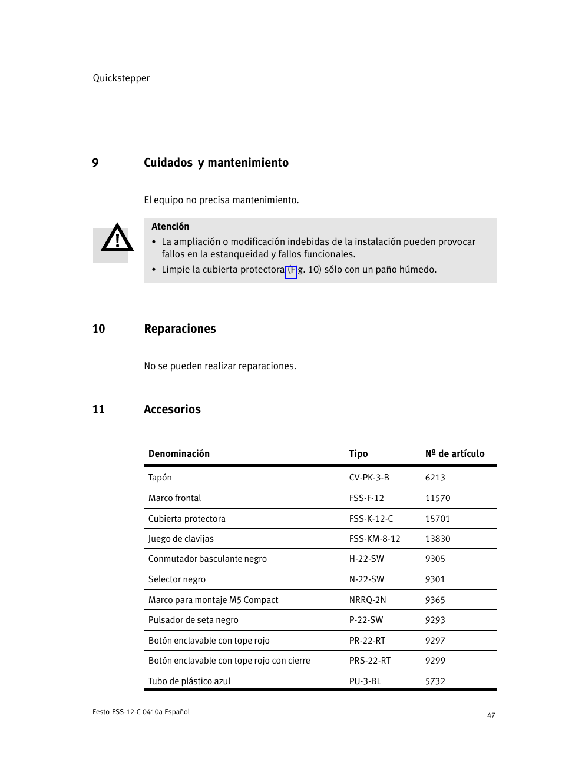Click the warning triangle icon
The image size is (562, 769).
point(117,239)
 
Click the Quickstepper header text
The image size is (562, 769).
point(121,78)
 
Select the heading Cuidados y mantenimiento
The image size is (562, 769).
point(216,163)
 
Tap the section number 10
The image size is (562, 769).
point(98,329)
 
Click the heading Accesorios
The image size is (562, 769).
point(172,410)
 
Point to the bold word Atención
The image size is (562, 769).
point(170,227)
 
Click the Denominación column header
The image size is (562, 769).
point(179,454)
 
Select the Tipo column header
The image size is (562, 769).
point(358,454)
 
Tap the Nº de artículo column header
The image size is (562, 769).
point(455,454)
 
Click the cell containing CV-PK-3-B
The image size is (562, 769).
point(369,478)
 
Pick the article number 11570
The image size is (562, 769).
point(438,498)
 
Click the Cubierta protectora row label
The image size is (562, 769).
point(187,519)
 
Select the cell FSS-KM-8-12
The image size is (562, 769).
point(375,539)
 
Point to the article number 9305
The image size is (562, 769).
point(435,559)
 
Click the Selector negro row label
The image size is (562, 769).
point(177,579)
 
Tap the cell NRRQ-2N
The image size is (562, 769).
point(368,600)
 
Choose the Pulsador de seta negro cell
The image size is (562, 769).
point(193,620)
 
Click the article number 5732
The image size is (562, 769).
point(435,681)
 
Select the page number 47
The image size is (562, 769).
point(491,715)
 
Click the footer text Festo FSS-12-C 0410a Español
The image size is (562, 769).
point(141,712)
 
